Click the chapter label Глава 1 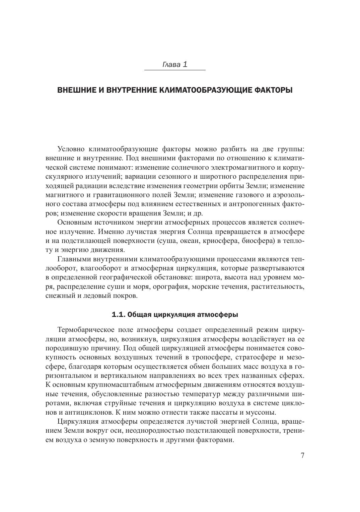click(175, 65)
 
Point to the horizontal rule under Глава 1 click(175, 70)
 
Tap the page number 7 click(302, 455)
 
